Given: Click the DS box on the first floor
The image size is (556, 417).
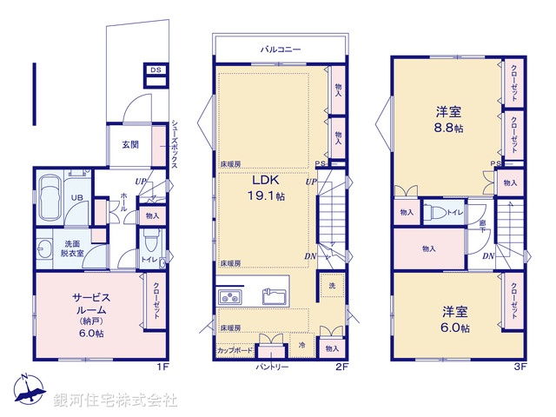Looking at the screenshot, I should (156, 70).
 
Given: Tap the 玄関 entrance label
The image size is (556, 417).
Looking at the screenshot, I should (130, 144).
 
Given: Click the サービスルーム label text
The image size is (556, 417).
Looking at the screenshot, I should (89, 303).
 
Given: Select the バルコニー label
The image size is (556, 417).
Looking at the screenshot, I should (280, 50).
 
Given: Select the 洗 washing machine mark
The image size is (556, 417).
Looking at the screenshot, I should (331, 287).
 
